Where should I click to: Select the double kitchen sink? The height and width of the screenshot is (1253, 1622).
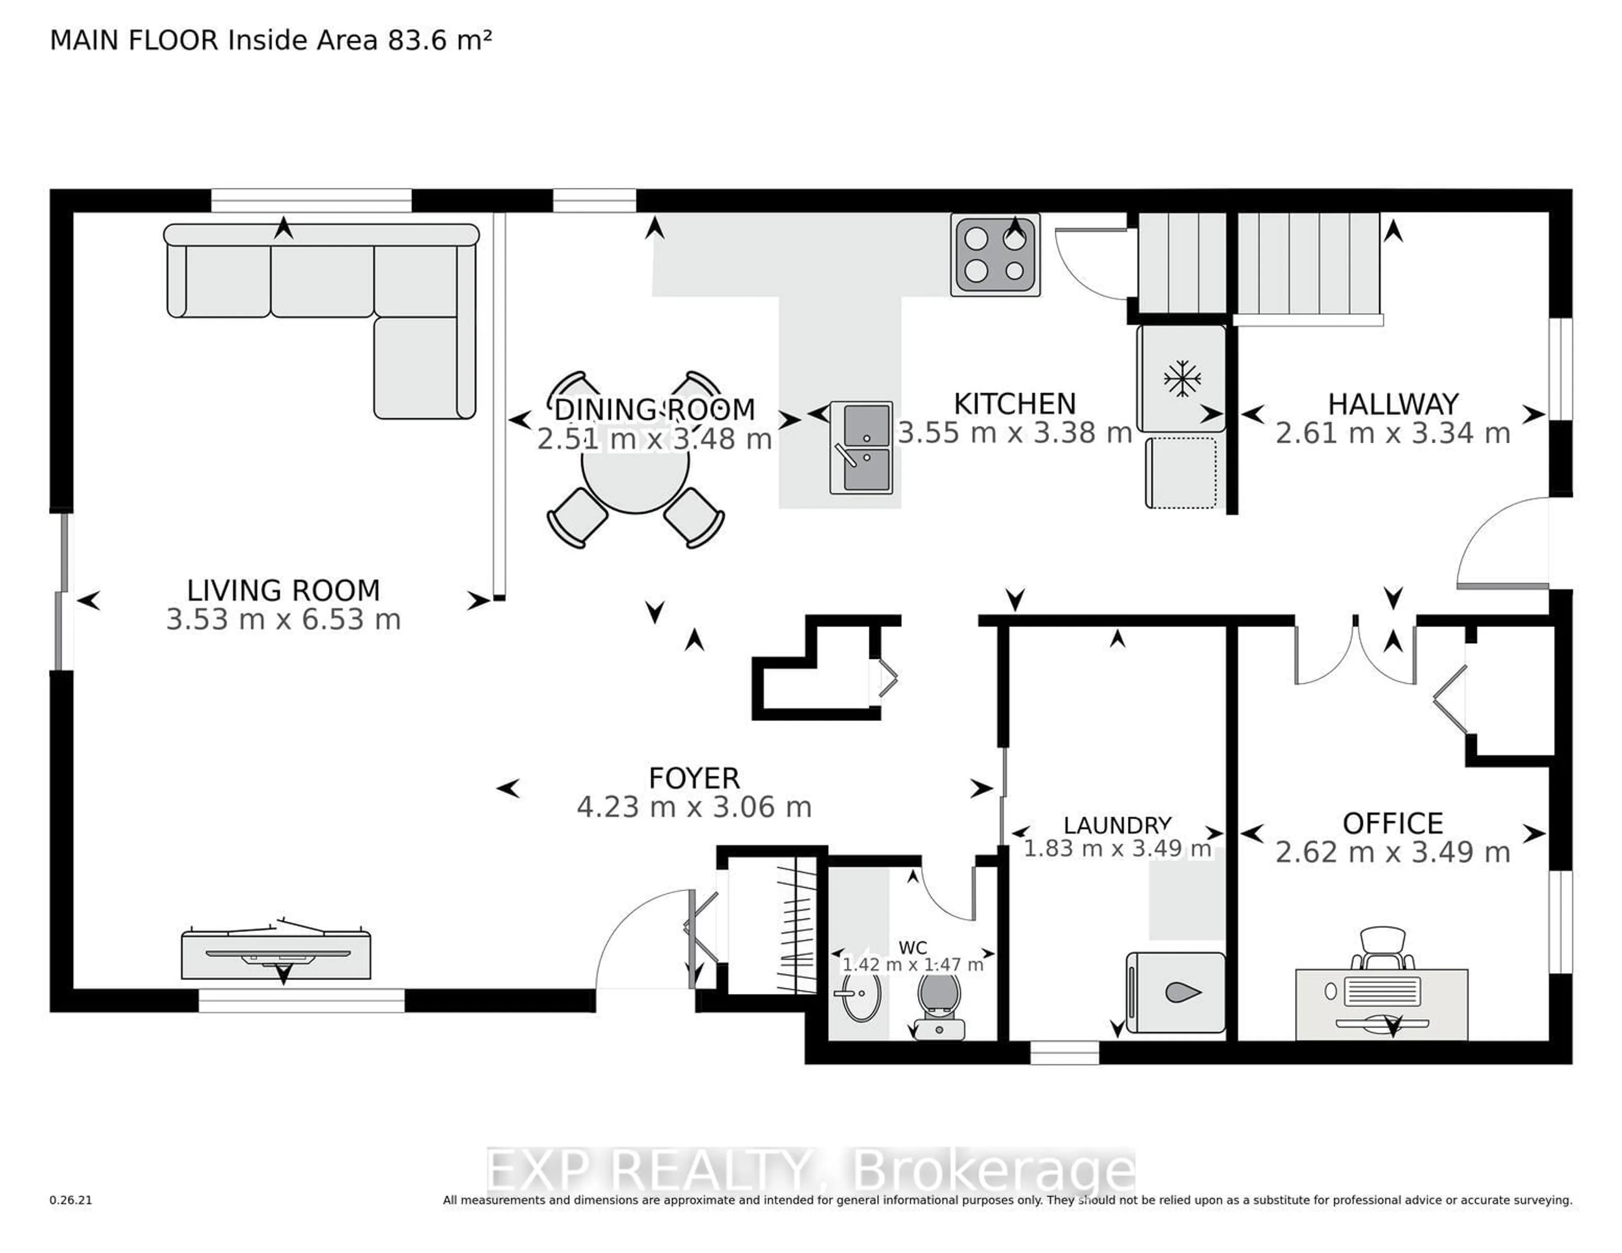(862, 448)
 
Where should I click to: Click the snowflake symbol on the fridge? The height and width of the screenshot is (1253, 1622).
(1181, 379)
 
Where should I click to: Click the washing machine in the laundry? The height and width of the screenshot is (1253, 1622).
(1176, 993)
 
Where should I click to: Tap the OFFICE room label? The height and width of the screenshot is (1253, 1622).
(1393, 824)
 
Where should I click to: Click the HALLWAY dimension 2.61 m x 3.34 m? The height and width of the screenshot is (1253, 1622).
(1393, 433)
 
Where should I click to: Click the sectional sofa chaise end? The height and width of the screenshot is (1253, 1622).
(423, 368)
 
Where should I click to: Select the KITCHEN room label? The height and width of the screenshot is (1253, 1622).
(1015, 404)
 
